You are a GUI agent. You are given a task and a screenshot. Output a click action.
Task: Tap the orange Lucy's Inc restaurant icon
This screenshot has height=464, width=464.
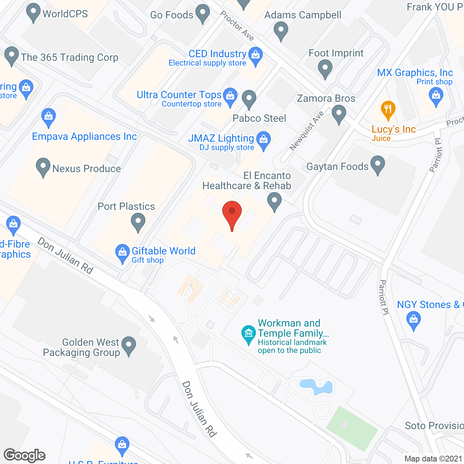388,109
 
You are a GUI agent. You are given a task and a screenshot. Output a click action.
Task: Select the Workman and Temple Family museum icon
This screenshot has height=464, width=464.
249,333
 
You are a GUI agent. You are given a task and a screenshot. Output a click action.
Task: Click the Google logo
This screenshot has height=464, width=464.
25,455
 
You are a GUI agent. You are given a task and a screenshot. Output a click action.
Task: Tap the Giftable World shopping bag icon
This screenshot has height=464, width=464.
123,252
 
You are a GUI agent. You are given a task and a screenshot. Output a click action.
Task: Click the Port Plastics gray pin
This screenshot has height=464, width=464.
138,221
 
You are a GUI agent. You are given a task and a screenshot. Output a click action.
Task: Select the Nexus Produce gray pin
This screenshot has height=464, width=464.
43,167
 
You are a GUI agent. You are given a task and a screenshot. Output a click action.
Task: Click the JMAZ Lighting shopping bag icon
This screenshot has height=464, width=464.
264,140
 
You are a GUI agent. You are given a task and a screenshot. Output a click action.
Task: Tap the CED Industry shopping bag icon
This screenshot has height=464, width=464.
256,56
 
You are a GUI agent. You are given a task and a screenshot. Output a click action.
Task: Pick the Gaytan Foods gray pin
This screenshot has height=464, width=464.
378,165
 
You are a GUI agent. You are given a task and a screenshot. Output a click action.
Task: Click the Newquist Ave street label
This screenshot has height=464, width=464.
306,131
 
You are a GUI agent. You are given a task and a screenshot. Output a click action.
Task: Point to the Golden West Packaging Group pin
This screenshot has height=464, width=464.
129,345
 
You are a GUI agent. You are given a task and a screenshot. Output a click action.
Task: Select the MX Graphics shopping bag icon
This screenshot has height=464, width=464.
436,96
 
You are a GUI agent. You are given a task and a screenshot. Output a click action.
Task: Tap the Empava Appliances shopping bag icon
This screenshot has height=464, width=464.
48,117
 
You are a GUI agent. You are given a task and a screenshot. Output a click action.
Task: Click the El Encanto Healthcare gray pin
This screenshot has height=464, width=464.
274,201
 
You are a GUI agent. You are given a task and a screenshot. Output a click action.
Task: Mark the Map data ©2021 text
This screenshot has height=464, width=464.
434,459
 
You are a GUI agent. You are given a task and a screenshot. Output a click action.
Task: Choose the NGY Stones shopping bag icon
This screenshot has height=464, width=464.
414,320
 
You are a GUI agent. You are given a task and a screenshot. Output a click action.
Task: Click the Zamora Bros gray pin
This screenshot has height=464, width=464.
339,114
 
